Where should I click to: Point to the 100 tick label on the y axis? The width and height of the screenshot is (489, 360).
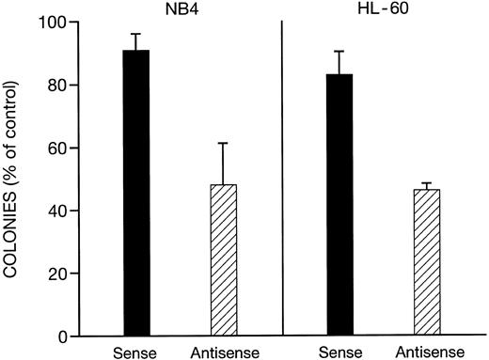coord(62,23)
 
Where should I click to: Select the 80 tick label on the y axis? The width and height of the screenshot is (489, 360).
coord(66,86)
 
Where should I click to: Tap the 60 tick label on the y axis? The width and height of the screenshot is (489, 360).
coord(66,149)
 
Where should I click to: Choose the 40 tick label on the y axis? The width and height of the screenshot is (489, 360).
coord(66,211)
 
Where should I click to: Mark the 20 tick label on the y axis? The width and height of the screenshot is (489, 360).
coord(66,274)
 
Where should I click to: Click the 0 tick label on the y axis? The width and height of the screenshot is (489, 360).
coord(70,337)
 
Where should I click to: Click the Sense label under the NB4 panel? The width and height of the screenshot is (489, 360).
coord(135,352)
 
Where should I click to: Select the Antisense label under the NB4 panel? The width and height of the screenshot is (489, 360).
coord(223,352)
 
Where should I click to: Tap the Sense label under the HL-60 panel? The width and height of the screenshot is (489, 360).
coord(339,352)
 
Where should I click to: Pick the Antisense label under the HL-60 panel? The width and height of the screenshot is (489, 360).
coord(428,352)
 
